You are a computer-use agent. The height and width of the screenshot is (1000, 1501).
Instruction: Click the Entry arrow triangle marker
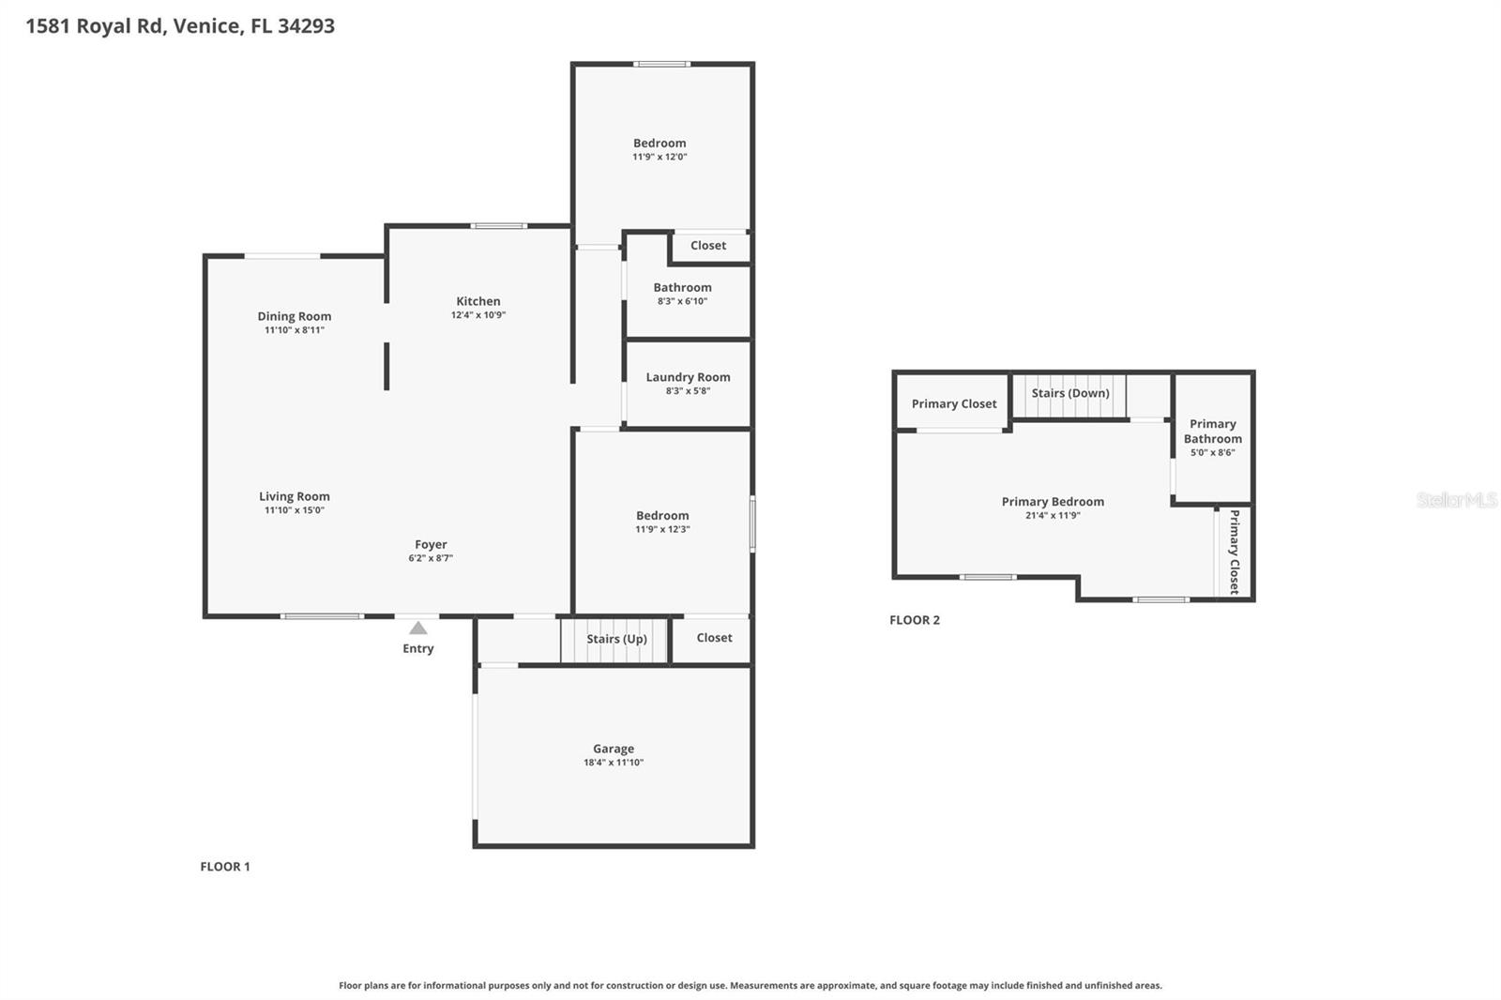click(x=418, y=628)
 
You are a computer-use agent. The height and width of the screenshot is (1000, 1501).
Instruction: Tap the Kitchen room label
click(x=478, y=301)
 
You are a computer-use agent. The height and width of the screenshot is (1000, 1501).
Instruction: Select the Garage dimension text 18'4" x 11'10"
click(x=614, y=763)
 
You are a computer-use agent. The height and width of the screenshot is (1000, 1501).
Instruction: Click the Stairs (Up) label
click(x=616, y=639)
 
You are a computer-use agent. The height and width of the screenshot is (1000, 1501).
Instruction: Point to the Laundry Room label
click(x=688, y=377)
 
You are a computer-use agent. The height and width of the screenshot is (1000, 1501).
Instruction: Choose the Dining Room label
click(x=295, y=316)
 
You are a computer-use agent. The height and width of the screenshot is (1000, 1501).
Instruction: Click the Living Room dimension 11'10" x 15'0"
click(x=295, y=510)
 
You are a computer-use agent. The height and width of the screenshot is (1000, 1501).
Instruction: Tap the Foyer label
click(x=431, y=544)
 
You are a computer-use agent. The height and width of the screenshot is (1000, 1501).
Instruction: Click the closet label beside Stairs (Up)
click(x=714, y=638)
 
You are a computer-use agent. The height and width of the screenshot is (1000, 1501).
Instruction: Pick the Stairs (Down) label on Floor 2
click(x=1070, y=393)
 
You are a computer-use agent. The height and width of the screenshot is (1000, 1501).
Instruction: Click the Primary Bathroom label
click(x=1212, y=432)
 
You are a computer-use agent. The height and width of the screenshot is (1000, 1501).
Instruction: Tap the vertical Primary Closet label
click(x=1235, y=552)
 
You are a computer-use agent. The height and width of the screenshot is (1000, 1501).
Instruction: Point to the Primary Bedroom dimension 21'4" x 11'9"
click(x=1053, y=515)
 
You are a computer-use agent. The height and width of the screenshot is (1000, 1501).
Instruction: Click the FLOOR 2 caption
click(x=915, y=620)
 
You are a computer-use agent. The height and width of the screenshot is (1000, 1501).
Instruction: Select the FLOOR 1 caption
click(x=225, y=867)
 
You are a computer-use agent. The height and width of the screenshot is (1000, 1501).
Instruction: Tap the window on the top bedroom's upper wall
click(x=661, y=64)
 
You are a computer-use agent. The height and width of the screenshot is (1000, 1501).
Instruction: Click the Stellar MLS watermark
click(x=1456, y=500)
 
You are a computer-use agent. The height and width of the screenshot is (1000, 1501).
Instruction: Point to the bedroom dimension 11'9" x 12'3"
click(x=662, y=529)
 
